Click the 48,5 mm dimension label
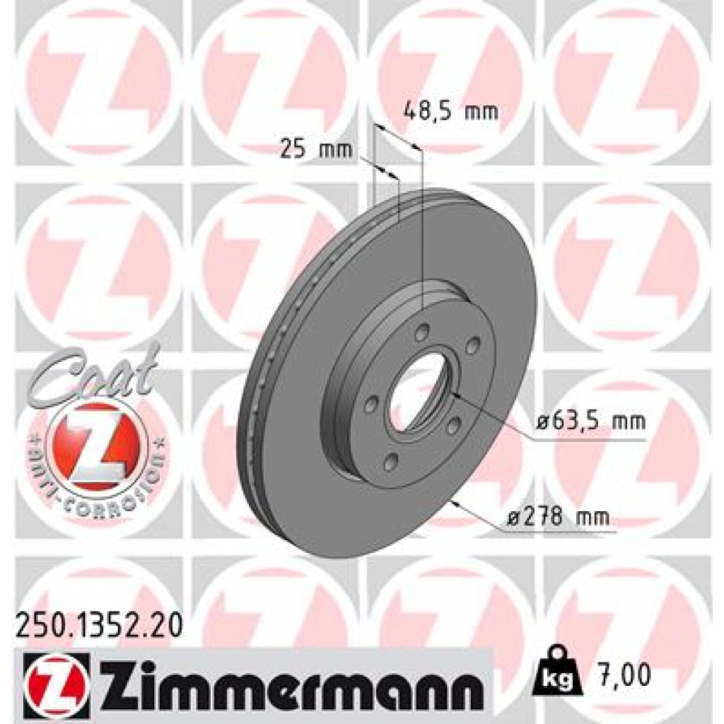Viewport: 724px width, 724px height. (x=450, y=111)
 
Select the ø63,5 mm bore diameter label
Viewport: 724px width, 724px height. (x=590, y=423)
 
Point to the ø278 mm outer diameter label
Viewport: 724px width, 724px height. (x=557, y=517)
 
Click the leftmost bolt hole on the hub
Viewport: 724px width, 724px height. (x=369, y=404)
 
